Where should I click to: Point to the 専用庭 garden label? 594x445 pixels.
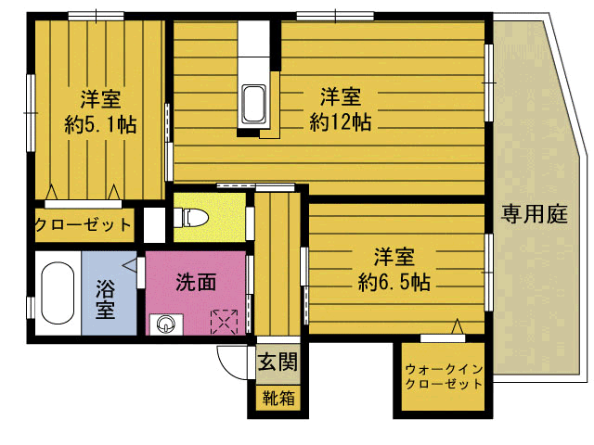[x=535, y=216]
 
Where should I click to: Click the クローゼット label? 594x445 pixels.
[x=84, y=225]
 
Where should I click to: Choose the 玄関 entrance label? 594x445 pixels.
[x=278, y=362]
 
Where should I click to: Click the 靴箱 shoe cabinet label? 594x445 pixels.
[x=278, y=400]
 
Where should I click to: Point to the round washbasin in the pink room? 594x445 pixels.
[x=165, y=324]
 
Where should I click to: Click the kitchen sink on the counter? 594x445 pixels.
[x=253, y=102]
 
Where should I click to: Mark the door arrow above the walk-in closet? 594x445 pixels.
[x=457, y=326]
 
